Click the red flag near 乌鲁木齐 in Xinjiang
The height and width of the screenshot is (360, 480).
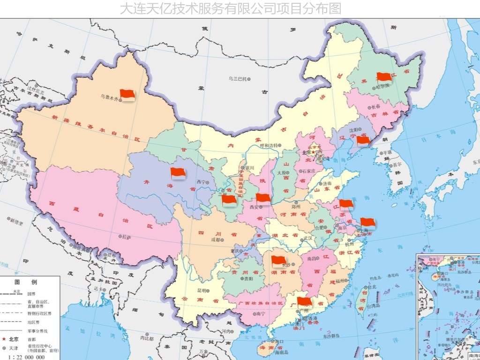pos(127,94)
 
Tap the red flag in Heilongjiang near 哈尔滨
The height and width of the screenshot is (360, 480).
pos(384,77)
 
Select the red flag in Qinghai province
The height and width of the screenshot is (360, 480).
pos(178,172)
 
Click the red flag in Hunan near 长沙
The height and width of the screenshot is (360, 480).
pos(278,261)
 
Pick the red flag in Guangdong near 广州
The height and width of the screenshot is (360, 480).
pos(304,302)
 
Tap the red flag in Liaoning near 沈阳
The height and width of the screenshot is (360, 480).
pos(363,140)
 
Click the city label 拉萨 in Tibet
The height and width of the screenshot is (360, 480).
pos(126,237)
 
